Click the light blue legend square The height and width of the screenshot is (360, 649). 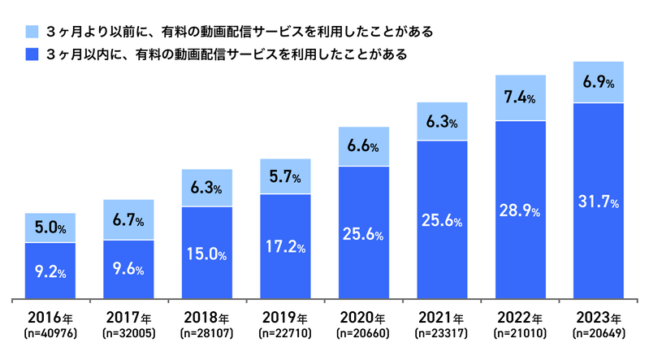[32, 32]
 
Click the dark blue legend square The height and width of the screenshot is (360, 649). [32, 55]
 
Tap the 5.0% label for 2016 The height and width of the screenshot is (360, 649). [50, 228]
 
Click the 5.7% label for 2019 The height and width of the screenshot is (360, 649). [285, 177]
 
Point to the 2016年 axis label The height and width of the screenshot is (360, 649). [50, 318]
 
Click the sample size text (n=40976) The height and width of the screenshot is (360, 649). [50, 333]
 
